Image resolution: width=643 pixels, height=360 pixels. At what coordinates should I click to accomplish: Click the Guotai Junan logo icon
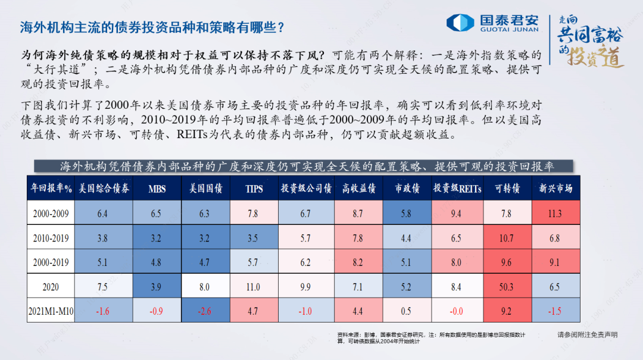(460, 23)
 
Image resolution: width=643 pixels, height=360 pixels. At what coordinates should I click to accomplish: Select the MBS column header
(157, 189)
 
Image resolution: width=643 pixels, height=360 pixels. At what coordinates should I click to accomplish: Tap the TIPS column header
(253, 189)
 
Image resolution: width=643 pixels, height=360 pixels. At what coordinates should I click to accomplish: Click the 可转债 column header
(507, 189)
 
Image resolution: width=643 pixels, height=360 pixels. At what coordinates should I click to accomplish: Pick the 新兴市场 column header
(555, 189)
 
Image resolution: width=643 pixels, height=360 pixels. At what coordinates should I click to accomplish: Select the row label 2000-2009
(51, 214)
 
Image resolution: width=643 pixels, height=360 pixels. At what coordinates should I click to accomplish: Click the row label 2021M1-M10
(51, 311)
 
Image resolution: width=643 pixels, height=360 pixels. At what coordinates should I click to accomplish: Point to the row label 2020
(51, 287)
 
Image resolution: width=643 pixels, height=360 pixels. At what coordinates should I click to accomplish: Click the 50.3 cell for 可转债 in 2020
(507, 287)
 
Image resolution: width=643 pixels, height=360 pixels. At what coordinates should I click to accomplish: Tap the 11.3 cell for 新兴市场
(555, 214)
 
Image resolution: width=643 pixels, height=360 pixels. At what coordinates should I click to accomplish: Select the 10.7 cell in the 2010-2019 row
(507, 238)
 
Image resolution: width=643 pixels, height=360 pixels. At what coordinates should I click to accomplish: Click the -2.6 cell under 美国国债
(205, 311)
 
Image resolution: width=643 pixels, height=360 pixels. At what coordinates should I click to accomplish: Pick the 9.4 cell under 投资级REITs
(456, 214)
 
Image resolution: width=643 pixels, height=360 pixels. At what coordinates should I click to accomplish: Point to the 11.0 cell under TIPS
(253, 287)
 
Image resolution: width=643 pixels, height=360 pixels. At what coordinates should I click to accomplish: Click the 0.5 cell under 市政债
(406, 311)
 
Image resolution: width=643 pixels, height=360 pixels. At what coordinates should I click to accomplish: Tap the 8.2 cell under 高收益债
(357, 262)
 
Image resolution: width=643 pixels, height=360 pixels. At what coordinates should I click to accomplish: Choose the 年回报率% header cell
(51, 189)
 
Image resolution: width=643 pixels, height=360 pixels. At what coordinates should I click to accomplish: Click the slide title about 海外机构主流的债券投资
(152, 27)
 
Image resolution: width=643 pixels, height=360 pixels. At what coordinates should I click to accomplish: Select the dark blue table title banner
(304, 166)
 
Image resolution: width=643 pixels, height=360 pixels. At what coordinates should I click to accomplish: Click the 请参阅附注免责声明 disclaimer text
(587, 335)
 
